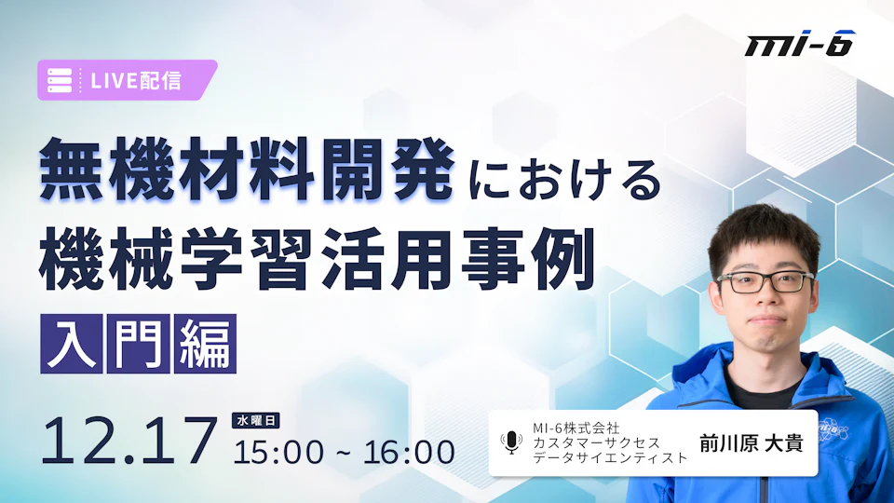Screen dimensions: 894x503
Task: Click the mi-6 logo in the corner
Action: pyautogui.click(x=800, y=44)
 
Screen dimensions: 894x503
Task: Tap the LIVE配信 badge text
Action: pyautogui.click(x=136, y=81)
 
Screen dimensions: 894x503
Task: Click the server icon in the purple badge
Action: pyautogui.click(x=60, y=80)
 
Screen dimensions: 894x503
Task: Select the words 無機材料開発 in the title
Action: pyautogui.click(x=246, y=170)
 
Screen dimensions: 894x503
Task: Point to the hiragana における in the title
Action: pyautogui.click(x=564, y=179)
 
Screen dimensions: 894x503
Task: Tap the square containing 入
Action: pyautogui.click(x=72, y=344)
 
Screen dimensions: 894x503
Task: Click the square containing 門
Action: pyautogui.click(x=139, y=344)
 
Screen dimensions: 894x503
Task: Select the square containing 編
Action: pyautogui.click(x=205, y=344)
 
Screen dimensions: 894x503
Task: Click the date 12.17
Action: pyautogui.click(x=129, y=441)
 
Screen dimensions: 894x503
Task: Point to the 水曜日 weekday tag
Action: pyautogui.click(x=255, y=420)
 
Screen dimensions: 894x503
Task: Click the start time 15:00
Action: pyautogui.click(x=278, y=453)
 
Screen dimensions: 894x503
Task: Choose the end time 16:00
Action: pyautogui.click(x=409, y=453)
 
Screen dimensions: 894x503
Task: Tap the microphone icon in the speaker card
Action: pyautogui.click(x=511, y=442)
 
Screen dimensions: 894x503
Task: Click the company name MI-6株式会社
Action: pyautogui.click(x=576, y=428)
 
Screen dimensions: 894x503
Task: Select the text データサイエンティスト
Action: pyautogui.click(x=610, y=457)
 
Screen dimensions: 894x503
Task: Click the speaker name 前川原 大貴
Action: pyautogui.click(x=751, y=443)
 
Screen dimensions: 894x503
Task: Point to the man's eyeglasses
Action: pyautogui.click(x=765, y=282)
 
